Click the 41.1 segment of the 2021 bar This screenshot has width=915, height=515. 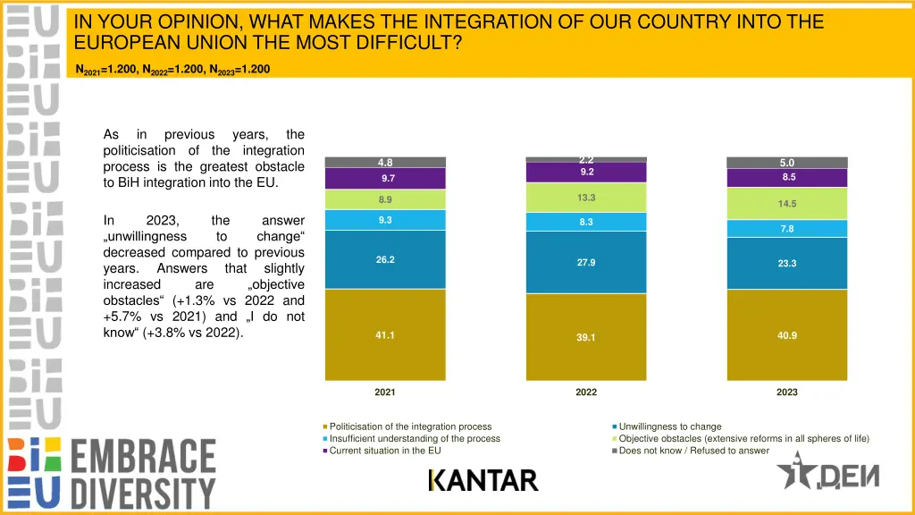click(385, 335)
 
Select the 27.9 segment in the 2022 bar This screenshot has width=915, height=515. click(586, 262)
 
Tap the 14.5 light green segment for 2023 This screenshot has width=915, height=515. click(787, 204)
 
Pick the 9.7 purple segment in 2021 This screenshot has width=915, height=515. click(385, 179)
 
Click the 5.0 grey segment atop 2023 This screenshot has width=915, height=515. click(787, 163)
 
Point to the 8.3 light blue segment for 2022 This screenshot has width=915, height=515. click(586, 222)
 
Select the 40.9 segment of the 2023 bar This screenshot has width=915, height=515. click(787, 335)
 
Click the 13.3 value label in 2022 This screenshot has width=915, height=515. click(586, 198)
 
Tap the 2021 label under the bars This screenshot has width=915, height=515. click(385, 393)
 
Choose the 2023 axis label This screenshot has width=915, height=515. click(787, 393)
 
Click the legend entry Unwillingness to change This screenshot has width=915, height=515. click(669, 426)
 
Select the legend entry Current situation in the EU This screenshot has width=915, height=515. click(384, 451)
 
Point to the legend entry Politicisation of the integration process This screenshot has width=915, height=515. click(410, 426)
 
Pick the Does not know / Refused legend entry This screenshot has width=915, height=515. click(693, 451)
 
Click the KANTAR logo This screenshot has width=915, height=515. click(483, 481)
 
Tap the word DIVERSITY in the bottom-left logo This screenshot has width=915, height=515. click(143, 493)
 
